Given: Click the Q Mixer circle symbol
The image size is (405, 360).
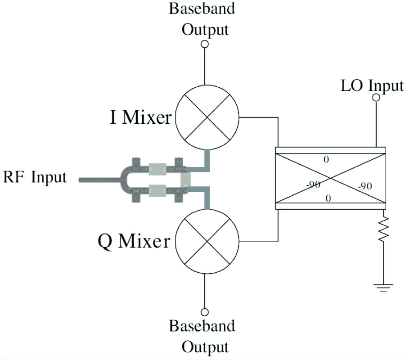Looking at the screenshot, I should (206, 242).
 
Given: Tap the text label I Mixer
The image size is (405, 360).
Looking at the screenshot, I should (141, 118).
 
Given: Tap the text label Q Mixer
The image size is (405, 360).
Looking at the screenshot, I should (134, 242).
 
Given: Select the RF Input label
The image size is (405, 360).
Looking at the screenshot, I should (35, 177).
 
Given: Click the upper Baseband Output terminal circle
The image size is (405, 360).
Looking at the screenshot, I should (205, 44).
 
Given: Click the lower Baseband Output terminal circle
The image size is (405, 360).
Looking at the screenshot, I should (205, 312).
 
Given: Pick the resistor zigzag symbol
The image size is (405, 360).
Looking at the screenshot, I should (383, 230).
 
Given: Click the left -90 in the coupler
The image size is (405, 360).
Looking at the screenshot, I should (313, 185).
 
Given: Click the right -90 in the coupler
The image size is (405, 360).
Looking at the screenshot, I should (364, 186).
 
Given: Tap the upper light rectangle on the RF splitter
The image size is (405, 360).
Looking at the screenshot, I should (157, 169).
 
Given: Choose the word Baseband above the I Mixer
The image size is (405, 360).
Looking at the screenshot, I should (202, 9).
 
